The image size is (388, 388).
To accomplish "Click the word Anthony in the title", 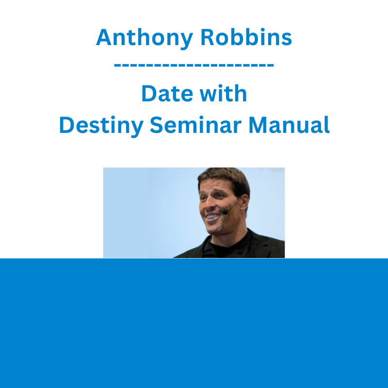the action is (145, 38).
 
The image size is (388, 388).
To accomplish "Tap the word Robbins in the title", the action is (246, 37).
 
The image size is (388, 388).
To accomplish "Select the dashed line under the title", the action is (194, 65).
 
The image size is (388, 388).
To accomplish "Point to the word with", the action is (223, 93).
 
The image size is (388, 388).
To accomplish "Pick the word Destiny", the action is (101, 126).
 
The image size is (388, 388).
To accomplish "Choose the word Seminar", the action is (196, 125).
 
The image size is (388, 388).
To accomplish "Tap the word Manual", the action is (289, 125).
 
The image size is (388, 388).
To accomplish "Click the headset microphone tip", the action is (225, 212).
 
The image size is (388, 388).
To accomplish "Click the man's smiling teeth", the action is (213, 217).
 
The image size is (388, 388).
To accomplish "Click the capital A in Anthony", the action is (104, 37).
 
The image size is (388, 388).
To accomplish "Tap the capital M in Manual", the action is (258, 125).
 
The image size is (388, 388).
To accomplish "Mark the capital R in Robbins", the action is (208, 37).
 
